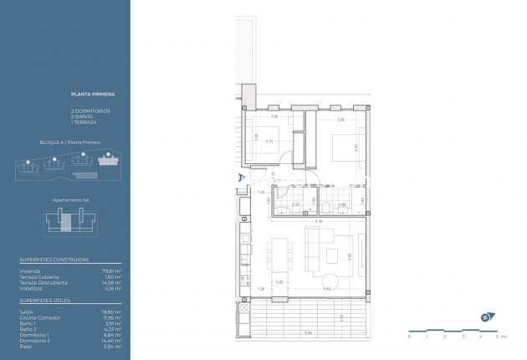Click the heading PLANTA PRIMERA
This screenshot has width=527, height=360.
coord(88,95)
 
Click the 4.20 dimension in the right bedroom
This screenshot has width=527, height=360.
coord(356,147)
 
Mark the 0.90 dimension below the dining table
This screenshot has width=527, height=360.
coord(280,282)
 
